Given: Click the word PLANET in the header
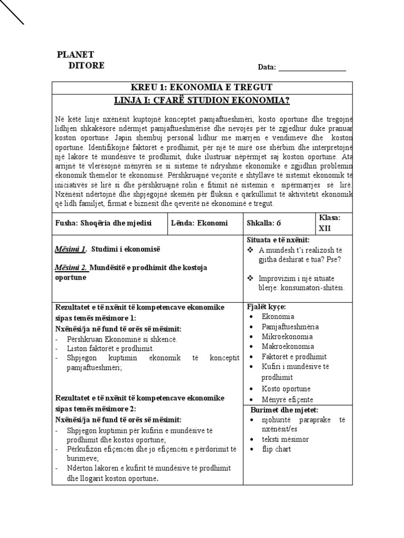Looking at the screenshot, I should (x=75, y=55).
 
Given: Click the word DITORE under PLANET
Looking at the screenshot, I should (x=86, y=66).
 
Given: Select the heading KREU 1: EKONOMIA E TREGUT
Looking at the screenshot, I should (x=202, y=87).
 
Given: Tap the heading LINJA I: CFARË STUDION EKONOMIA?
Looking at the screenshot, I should (x=202, y=100).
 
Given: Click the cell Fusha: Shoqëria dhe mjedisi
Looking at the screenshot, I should (x=103, y=223).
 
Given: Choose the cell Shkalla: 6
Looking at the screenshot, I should (x=265, y=223).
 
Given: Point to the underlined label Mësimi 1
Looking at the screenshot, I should (x=70, y=248).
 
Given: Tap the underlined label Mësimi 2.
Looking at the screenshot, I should (x=71, y=267).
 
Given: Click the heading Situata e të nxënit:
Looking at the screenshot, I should (x=279, y=240).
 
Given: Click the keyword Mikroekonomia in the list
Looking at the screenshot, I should (x=287, y=336).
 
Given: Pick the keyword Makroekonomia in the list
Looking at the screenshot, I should (x=288, y=346).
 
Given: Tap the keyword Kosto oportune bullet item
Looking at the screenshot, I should (x=286, y=389).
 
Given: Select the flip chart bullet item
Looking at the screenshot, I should (x=276, y=449).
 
